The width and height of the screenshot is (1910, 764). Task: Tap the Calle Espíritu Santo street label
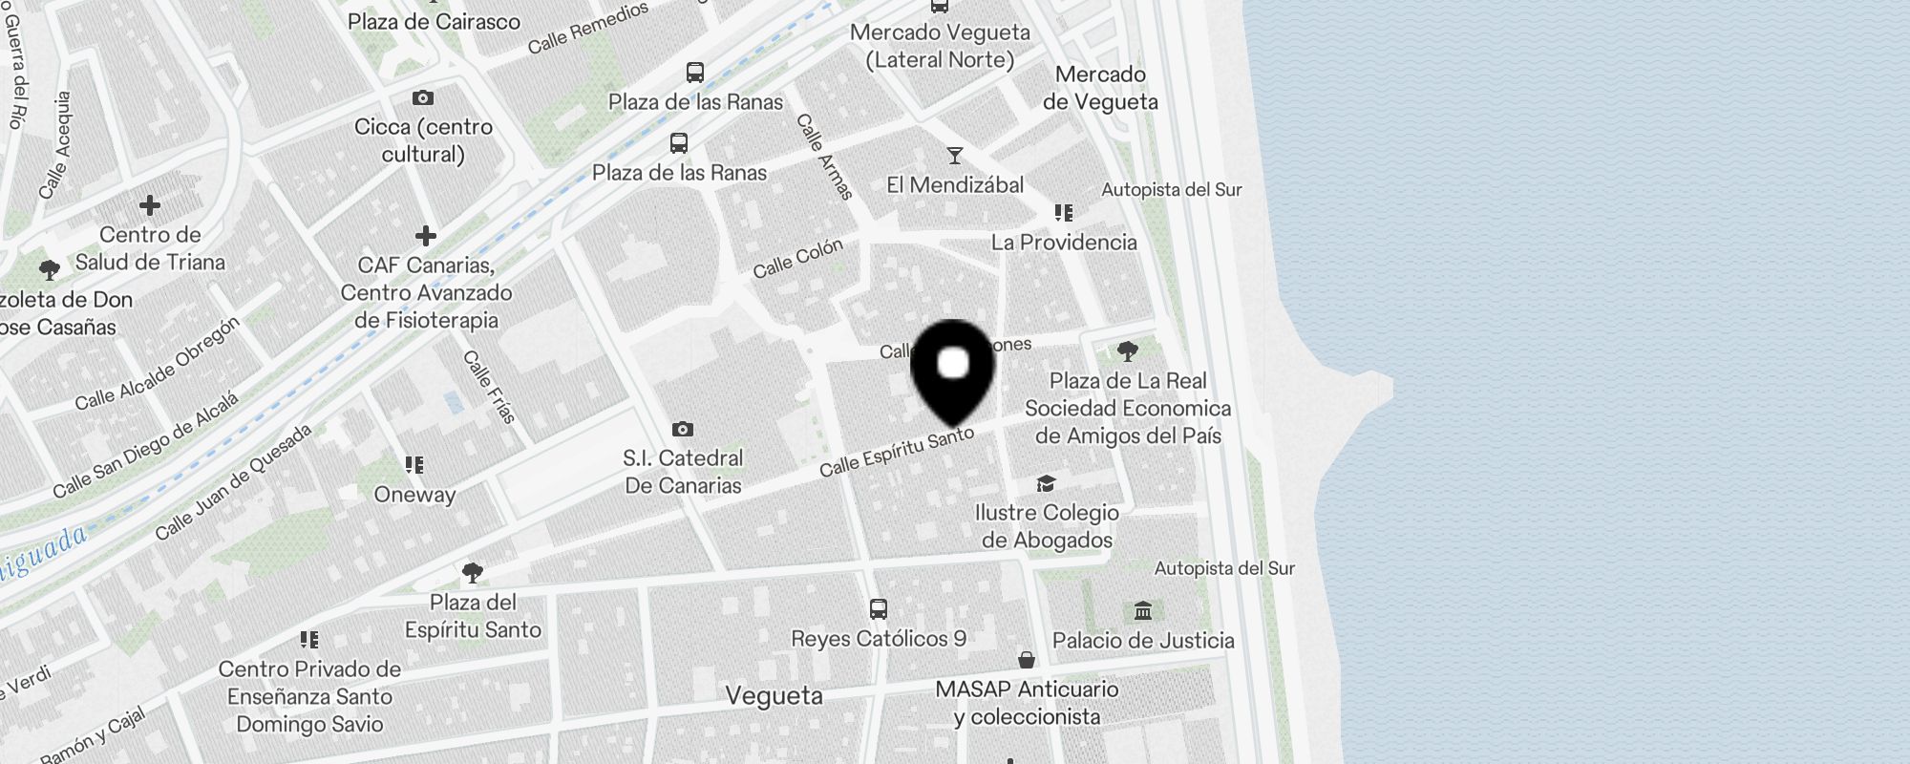pyautogui.click(x=896, y=452)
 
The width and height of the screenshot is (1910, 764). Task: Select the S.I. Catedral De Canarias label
pyautogui.click(x=683, y=472)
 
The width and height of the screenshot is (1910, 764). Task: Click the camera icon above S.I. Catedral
pyautogui.click(x=682, y=429)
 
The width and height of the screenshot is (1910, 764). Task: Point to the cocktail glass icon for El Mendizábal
pyautogui.click(x=954, y=156)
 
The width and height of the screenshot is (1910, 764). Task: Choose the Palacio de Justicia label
pyautogui.click(x=1143, y=641)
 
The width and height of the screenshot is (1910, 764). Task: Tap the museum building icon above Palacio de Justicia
pyautogui.click(x=1143, y=610)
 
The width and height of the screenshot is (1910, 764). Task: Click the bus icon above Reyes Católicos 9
pyautogui.click(x=878, y=608)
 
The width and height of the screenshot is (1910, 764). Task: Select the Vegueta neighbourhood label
pyautogui.click(x=774, y=695)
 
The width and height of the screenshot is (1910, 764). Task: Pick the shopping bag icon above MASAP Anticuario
pyautogui.click(x=1027, y=660)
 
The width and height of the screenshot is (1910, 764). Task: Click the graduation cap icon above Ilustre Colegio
pyautogui.click(x=1046, y=484)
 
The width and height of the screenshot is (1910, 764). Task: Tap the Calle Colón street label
pyautogui.click(x=797, y=259)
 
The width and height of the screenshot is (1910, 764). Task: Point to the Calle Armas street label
pyautogui.click(x=824, y=157)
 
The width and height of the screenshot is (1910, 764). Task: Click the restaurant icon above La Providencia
pyautogui.click(x=1063, y=213)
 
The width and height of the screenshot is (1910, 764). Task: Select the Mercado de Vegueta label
pyautogui.click(x=1100, y=88)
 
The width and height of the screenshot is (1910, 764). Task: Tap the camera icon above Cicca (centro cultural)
pyautogui.click(x=423, y=97)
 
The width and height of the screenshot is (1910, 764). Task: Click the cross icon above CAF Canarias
pyautogui.click(x=426, y=235)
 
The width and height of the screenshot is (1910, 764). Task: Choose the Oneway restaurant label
pyautogui.click(x=414, y=495)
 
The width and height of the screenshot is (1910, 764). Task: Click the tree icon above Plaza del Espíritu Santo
pyautogui.click(x=472, y=573)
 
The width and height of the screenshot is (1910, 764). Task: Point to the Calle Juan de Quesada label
pyautogui.click(x=234, y=481)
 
